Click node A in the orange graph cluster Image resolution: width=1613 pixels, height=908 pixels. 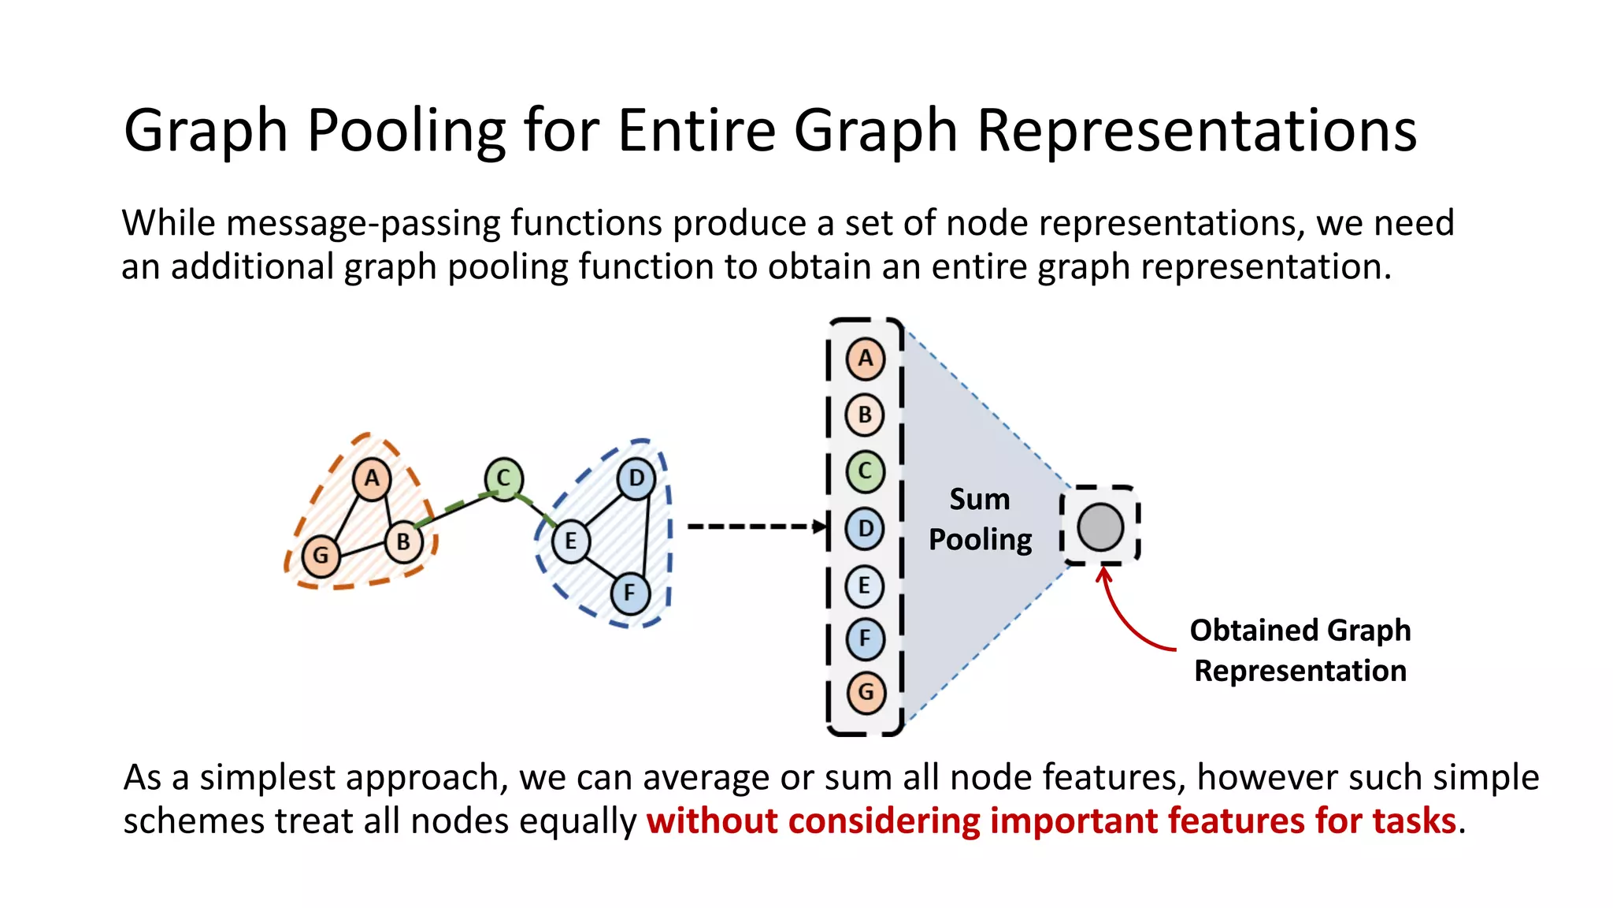pos(372,478)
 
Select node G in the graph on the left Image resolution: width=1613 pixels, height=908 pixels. pos(321,556)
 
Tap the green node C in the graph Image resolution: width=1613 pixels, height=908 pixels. pos(503,478)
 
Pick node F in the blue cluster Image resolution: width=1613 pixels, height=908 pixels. pos(629,593)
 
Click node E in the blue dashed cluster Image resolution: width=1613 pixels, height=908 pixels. pos(570,541)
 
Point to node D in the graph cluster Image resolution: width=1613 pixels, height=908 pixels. pos(636,478)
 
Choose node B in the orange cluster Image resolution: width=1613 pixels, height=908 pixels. pos(403,542)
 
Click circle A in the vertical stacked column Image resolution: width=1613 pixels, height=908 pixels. pos(865,359)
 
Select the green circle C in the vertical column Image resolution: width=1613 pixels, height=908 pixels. pos(865,471)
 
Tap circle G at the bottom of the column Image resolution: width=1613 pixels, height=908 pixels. pos(866,693)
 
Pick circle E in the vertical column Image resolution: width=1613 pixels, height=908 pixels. pos(865,586)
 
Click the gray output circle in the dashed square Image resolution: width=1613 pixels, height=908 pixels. pos(1099,527)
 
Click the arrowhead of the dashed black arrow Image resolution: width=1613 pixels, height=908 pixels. pos(821,527)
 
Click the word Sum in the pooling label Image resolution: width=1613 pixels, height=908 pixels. pos(979,500)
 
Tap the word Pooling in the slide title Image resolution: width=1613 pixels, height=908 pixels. pos(406,130)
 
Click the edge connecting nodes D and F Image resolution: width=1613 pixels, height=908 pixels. pos(646,536)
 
